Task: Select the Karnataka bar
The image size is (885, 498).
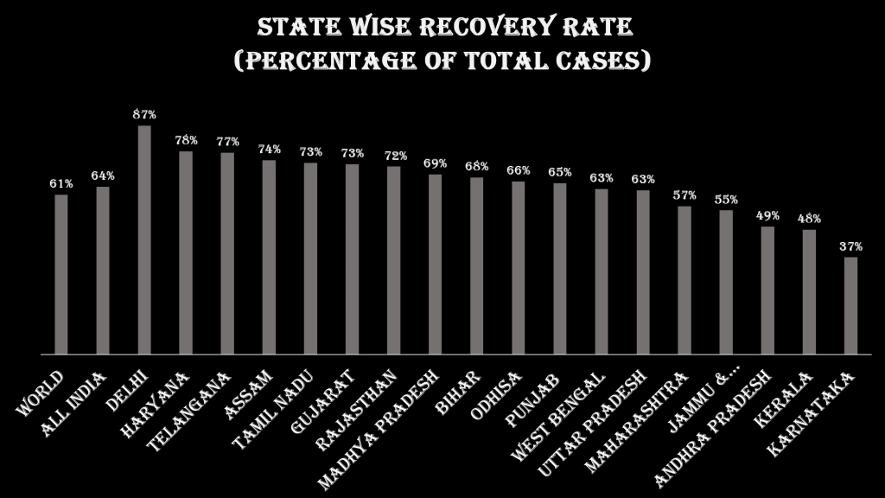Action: pos(850,306)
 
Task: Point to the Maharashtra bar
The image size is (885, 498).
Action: pos(684,280)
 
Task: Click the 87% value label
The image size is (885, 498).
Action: pos(144,114)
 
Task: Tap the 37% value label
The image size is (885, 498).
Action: pos(850,246)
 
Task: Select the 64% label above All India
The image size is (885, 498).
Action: pos(103,176)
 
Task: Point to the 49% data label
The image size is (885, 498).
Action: pos(767,215)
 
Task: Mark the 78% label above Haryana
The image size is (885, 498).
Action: pos(186,140)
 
